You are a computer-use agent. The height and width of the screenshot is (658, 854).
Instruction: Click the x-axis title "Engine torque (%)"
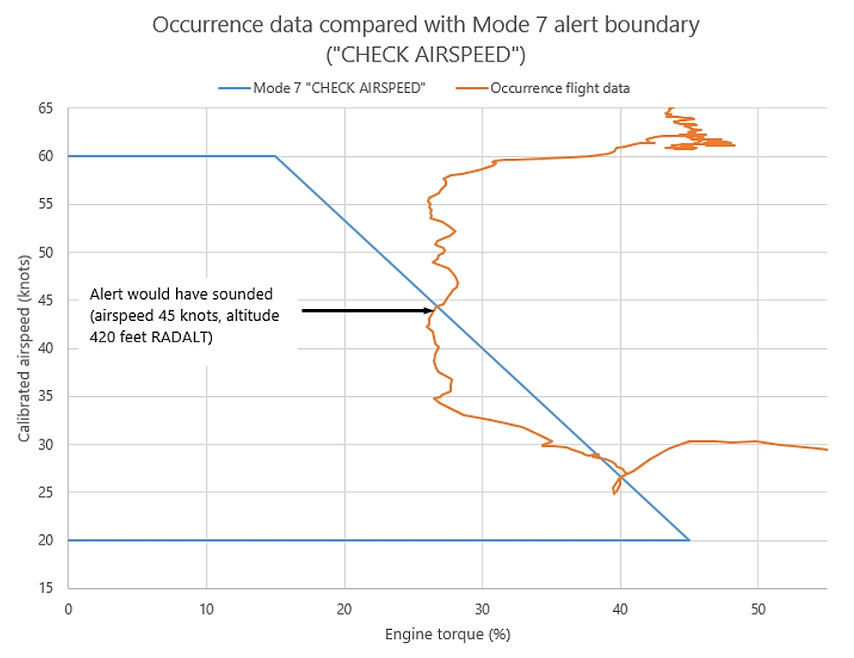click(447, 635)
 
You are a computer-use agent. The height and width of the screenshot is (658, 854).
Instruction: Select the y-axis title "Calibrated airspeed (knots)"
click(25, 348)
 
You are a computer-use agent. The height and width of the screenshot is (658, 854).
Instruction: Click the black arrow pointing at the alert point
click(367, 311)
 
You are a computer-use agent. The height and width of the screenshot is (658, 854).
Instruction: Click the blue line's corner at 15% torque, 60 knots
click(275, 156)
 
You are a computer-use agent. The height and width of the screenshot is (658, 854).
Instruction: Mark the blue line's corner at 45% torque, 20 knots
click(688, 540)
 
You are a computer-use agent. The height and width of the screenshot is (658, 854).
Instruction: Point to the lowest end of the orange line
click(615, 493)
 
